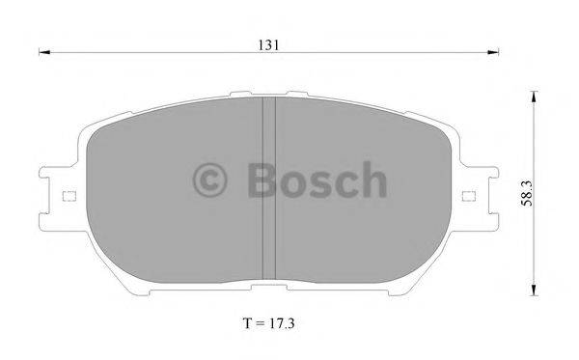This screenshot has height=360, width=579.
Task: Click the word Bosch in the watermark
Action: pos(317,180)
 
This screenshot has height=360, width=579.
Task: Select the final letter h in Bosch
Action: pos(373,180)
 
